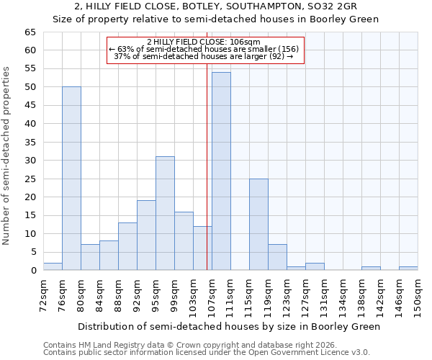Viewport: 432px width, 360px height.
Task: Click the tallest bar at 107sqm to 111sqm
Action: [221, 171]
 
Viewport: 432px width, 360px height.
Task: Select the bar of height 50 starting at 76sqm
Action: [71, 179]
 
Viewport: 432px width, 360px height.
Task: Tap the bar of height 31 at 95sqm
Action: [165, 213]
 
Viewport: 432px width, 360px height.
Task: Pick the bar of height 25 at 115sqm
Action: [258, 225]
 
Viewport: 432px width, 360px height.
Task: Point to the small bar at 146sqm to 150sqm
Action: [408, 269]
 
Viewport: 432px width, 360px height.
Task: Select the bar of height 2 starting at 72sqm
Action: [53, 266]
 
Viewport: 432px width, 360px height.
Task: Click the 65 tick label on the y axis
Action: [30, 32]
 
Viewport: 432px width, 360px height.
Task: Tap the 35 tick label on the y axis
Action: [30, 142]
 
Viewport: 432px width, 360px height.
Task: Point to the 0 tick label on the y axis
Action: [32, 270]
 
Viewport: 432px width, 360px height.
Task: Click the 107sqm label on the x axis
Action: [212, 295]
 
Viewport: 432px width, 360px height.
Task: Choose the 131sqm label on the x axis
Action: [324, 295]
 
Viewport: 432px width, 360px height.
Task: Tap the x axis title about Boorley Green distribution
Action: [228, 326]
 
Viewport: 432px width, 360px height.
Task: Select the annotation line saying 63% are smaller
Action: [204, 49]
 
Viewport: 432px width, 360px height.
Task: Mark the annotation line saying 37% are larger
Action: [204, 56]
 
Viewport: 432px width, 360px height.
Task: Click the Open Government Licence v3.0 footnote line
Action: [207, 353]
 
